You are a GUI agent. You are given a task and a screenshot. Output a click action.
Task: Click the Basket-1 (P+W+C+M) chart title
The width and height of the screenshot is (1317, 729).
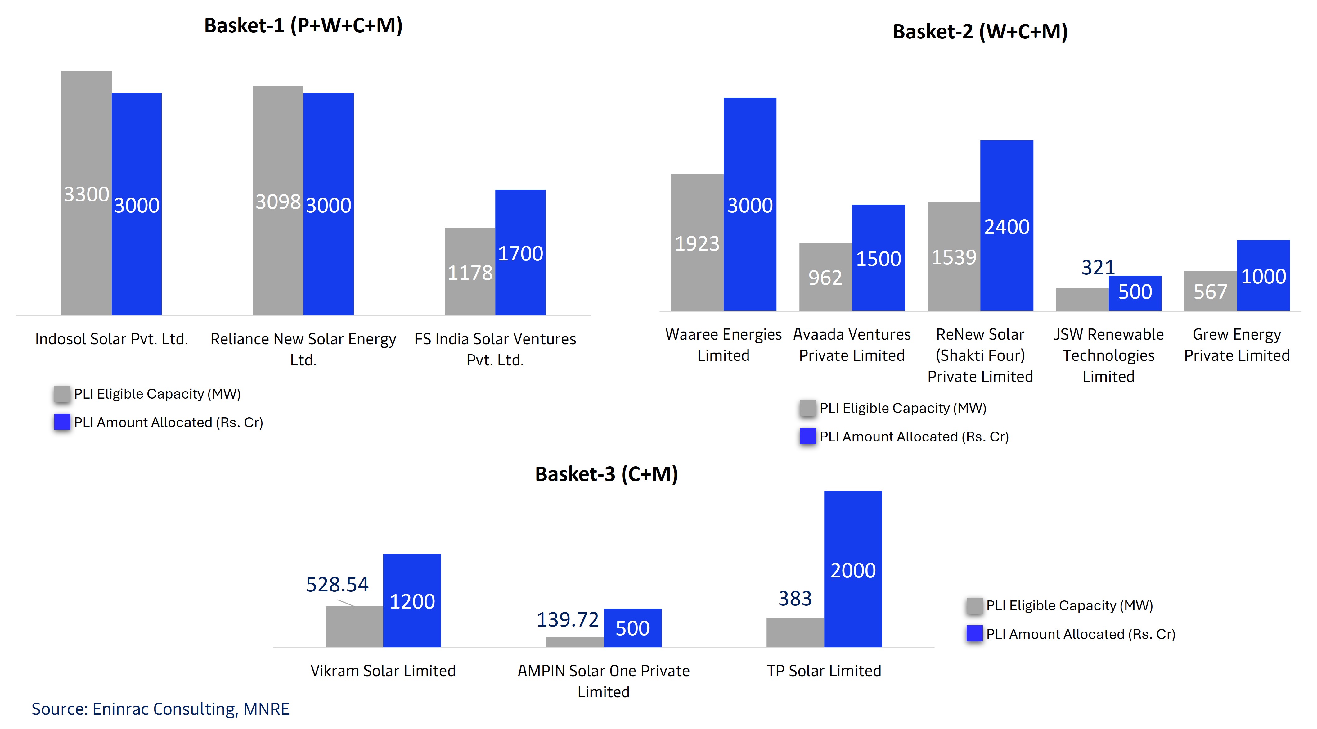click(303, 25)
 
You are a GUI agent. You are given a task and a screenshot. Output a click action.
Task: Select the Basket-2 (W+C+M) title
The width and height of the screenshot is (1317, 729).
click(980, 32)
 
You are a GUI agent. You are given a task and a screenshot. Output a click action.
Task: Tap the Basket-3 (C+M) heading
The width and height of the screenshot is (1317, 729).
click(606, 474)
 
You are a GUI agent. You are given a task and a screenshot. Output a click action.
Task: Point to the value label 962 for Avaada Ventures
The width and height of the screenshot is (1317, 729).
click(825, 278)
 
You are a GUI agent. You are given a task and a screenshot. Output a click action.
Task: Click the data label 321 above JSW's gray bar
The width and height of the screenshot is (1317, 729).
click(1098, 268)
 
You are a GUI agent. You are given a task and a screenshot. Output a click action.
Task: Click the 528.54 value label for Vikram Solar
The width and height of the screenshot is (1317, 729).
click(337, 584)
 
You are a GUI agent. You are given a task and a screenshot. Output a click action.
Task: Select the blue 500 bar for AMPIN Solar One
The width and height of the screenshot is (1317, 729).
click(632, 628)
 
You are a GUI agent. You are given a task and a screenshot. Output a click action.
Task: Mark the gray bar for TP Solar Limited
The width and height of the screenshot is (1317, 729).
click(795, 632)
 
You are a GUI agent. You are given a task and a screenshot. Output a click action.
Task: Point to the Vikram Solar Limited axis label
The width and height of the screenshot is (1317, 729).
click(383, 671)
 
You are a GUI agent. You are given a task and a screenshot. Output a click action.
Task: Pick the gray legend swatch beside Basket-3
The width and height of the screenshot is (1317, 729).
click(974, 606)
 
